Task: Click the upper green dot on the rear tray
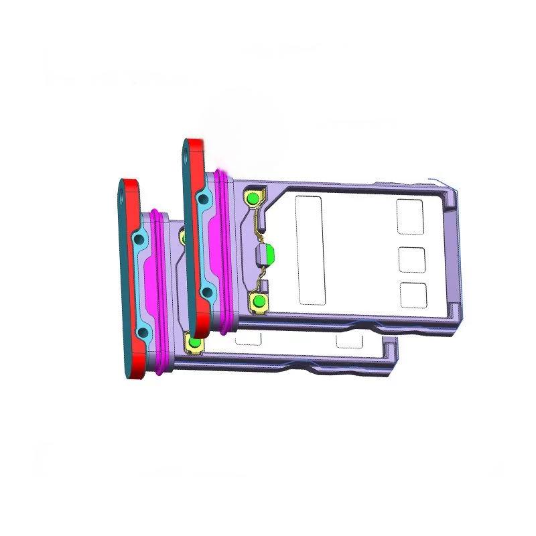click(252, 198)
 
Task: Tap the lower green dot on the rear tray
click(258, 301)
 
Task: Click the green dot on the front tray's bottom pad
click(195, 343)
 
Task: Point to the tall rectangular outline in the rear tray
click(309, 251)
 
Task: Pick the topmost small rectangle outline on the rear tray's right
click(409, 216)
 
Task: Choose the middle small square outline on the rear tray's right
click(413, 259)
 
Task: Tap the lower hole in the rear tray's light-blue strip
click(207, 291)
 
